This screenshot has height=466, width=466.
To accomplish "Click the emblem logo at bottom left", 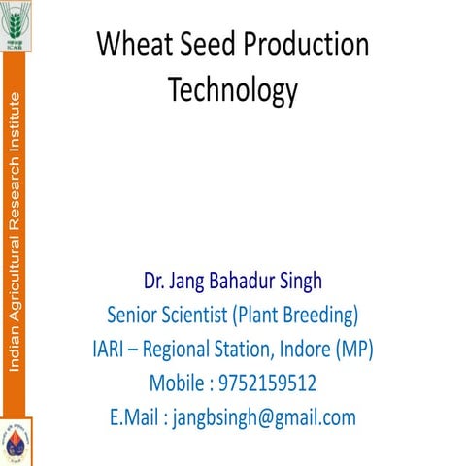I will (x=17, y=442).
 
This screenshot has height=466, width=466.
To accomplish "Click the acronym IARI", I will (x=101, y=349).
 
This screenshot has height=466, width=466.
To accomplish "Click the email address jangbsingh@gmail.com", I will (x=265, y=418).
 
